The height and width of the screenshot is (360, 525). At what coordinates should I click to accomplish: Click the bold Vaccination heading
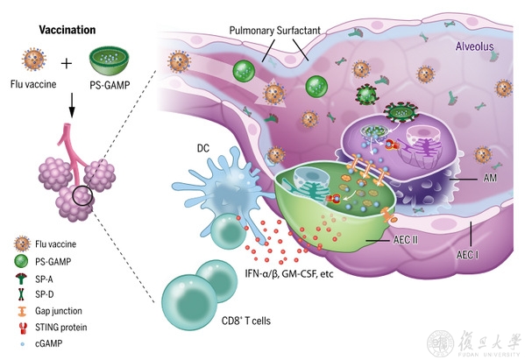coord(67,30)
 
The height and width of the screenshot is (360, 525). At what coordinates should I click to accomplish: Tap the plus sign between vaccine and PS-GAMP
coord(67,63)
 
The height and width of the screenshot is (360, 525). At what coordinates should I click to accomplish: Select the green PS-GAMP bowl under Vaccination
coord(110,61)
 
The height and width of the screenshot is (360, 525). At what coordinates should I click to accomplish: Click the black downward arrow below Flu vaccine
coord(72,105)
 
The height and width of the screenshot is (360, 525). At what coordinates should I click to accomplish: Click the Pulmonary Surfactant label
coord(275,31)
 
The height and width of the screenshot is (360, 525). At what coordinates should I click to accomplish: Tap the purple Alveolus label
coord(474,46)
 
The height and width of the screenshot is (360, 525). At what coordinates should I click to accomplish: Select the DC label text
coord(203,148)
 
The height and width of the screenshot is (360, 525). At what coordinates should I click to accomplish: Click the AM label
coord(490,178)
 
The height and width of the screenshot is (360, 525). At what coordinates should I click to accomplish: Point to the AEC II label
coord(405,240)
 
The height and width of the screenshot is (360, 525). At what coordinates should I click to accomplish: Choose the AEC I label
coord(467,255)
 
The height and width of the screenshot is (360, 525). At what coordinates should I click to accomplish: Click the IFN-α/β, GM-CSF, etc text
coord(289,273)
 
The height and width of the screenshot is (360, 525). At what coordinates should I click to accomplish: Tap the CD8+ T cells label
coord(246,321)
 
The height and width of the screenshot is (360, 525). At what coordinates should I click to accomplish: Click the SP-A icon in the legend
coord(22,279)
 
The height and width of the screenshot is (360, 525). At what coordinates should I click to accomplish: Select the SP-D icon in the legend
coord(22,294)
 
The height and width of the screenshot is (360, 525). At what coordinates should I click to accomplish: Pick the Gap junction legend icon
coord(21,311)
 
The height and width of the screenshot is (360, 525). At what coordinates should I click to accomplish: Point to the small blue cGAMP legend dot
coord(23,343)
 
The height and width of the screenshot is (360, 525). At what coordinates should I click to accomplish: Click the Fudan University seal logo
coord(440,343)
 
